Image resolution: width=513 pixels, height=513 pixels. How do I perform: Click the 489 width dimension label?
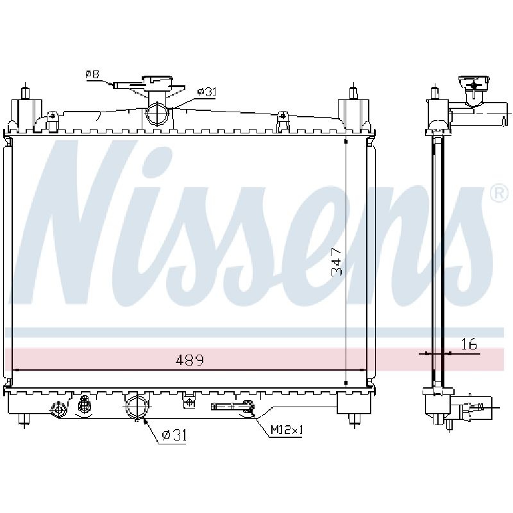pyautogui.click(x=190, y=360)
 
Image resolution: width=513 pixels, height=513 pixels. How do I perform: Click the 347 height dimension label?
pyautogui.click(x=337, y=262)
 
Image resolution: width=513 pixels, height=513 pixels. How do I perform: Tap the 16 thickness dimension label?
pyautogui.click(x=469, y=344)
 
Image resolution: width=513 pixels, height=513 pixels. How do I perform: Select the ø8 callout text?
pyautogui.click(x=92, y=74)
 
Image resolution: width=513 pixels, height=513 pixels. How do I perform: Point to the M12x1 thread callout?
pyautogui.click(x=287, y=430)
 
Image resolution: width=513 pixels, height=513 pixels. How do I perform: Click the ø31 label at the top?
pyautogui.click(x=206, y=92)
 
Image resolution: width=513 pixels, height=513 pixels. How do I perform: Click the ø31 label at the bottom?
pyautogui.click(x=174, y=435)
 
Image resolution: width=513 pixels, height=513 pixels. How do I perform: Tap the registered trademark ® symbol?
pyautogui.click(x=500, y=194)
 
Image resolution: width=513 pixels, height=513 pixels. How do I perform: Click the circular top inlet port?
pyautogui.click(x=157, y=114)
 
